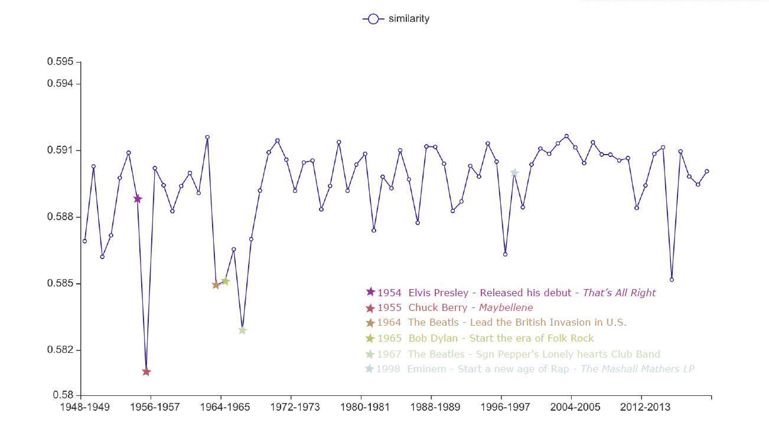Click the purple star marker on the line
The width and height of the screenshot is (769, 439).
click(x=138, y=199)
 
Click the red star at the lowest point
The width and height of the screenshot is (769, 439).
click(x=146, y=372)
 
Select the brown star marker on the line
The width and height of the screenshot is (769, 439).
click(x=216, y=285)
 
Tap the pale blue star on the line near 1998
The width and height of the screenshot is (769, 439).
click(x=514, y=172)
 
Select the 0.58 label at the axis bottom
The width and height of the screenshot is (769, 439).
click(x=63, y=395)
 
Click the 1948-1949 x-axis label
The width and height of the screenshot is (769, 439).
click(x=85, y=408)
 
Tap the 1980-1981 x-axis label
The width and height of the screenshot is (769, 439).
click(x=360, y=408)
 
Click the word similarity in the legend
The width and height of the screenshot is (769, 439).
click(x=409, y=19)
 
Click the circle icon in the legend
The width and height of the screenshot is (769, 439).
click(x=373, y=19)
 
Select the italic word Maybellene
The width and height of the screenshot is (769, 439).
click(x=506, y=308)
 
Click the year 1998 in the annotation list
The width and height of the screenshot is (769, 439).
click(x=389, y=369)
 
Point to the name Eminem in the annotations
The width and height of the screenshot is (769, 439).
click(x=426, y=369)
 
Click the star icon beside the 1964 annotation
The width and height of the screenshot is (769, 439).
click(x=370, y=323)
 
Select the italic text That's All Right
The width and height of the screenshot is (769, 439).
click(x=619, y=293)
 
